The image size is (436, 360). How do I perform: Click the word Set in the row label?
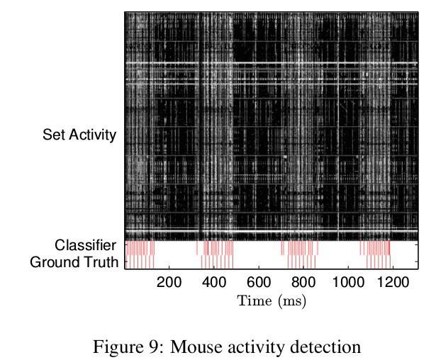pos(54,135)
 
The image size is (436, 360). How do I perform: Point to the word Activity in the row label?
pos(92,135)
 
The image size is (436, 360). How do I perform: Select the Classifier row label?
pos(85,246)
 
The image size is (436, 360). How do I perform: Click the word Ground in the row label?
pos(53,262)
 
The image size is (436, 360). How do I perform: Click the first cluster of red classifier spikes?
pos(140,249)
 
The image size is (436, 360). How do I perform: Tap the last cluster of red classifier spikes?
pos(375,249)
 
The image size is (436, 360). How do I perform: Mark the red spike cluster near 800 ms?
pos(300,249)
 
